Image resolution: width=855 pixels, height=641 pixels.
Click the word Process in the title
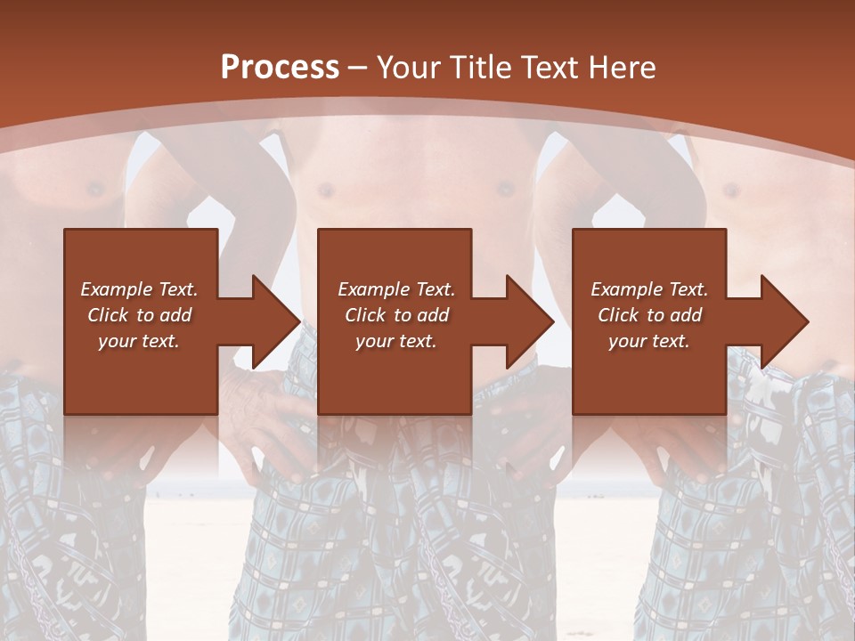tap(280, 68)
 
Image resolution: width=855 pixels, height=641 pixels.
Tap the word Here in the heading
tap(621, 68)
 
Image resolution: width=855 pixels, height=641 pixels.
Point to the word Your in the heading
tap(408, 68)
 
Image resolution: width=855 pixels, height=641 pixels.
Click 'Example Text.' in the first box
tap(139, 289)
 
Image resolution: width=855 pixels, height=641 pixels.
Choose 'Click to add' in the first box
tap(139, 315)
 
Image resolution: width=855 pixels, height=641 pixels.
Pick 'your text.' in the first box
tap(139, 341)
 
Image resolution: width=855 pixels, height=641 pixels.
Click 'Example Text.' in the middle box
tap(396, 289)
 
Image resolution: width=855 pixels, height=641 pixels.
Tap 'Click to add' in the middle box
tap(396, 315)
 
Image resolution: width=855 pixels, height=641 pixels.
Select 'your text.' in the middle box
tap(396, 341)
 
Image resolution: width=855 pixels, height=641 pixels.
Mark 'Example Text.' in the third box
tap(649, 289)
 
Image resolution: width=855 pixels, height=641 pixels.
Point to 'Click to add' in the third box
tap(649, 315)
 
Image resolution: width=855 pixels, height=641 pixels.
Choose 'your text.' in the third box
tap(649, 341)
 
